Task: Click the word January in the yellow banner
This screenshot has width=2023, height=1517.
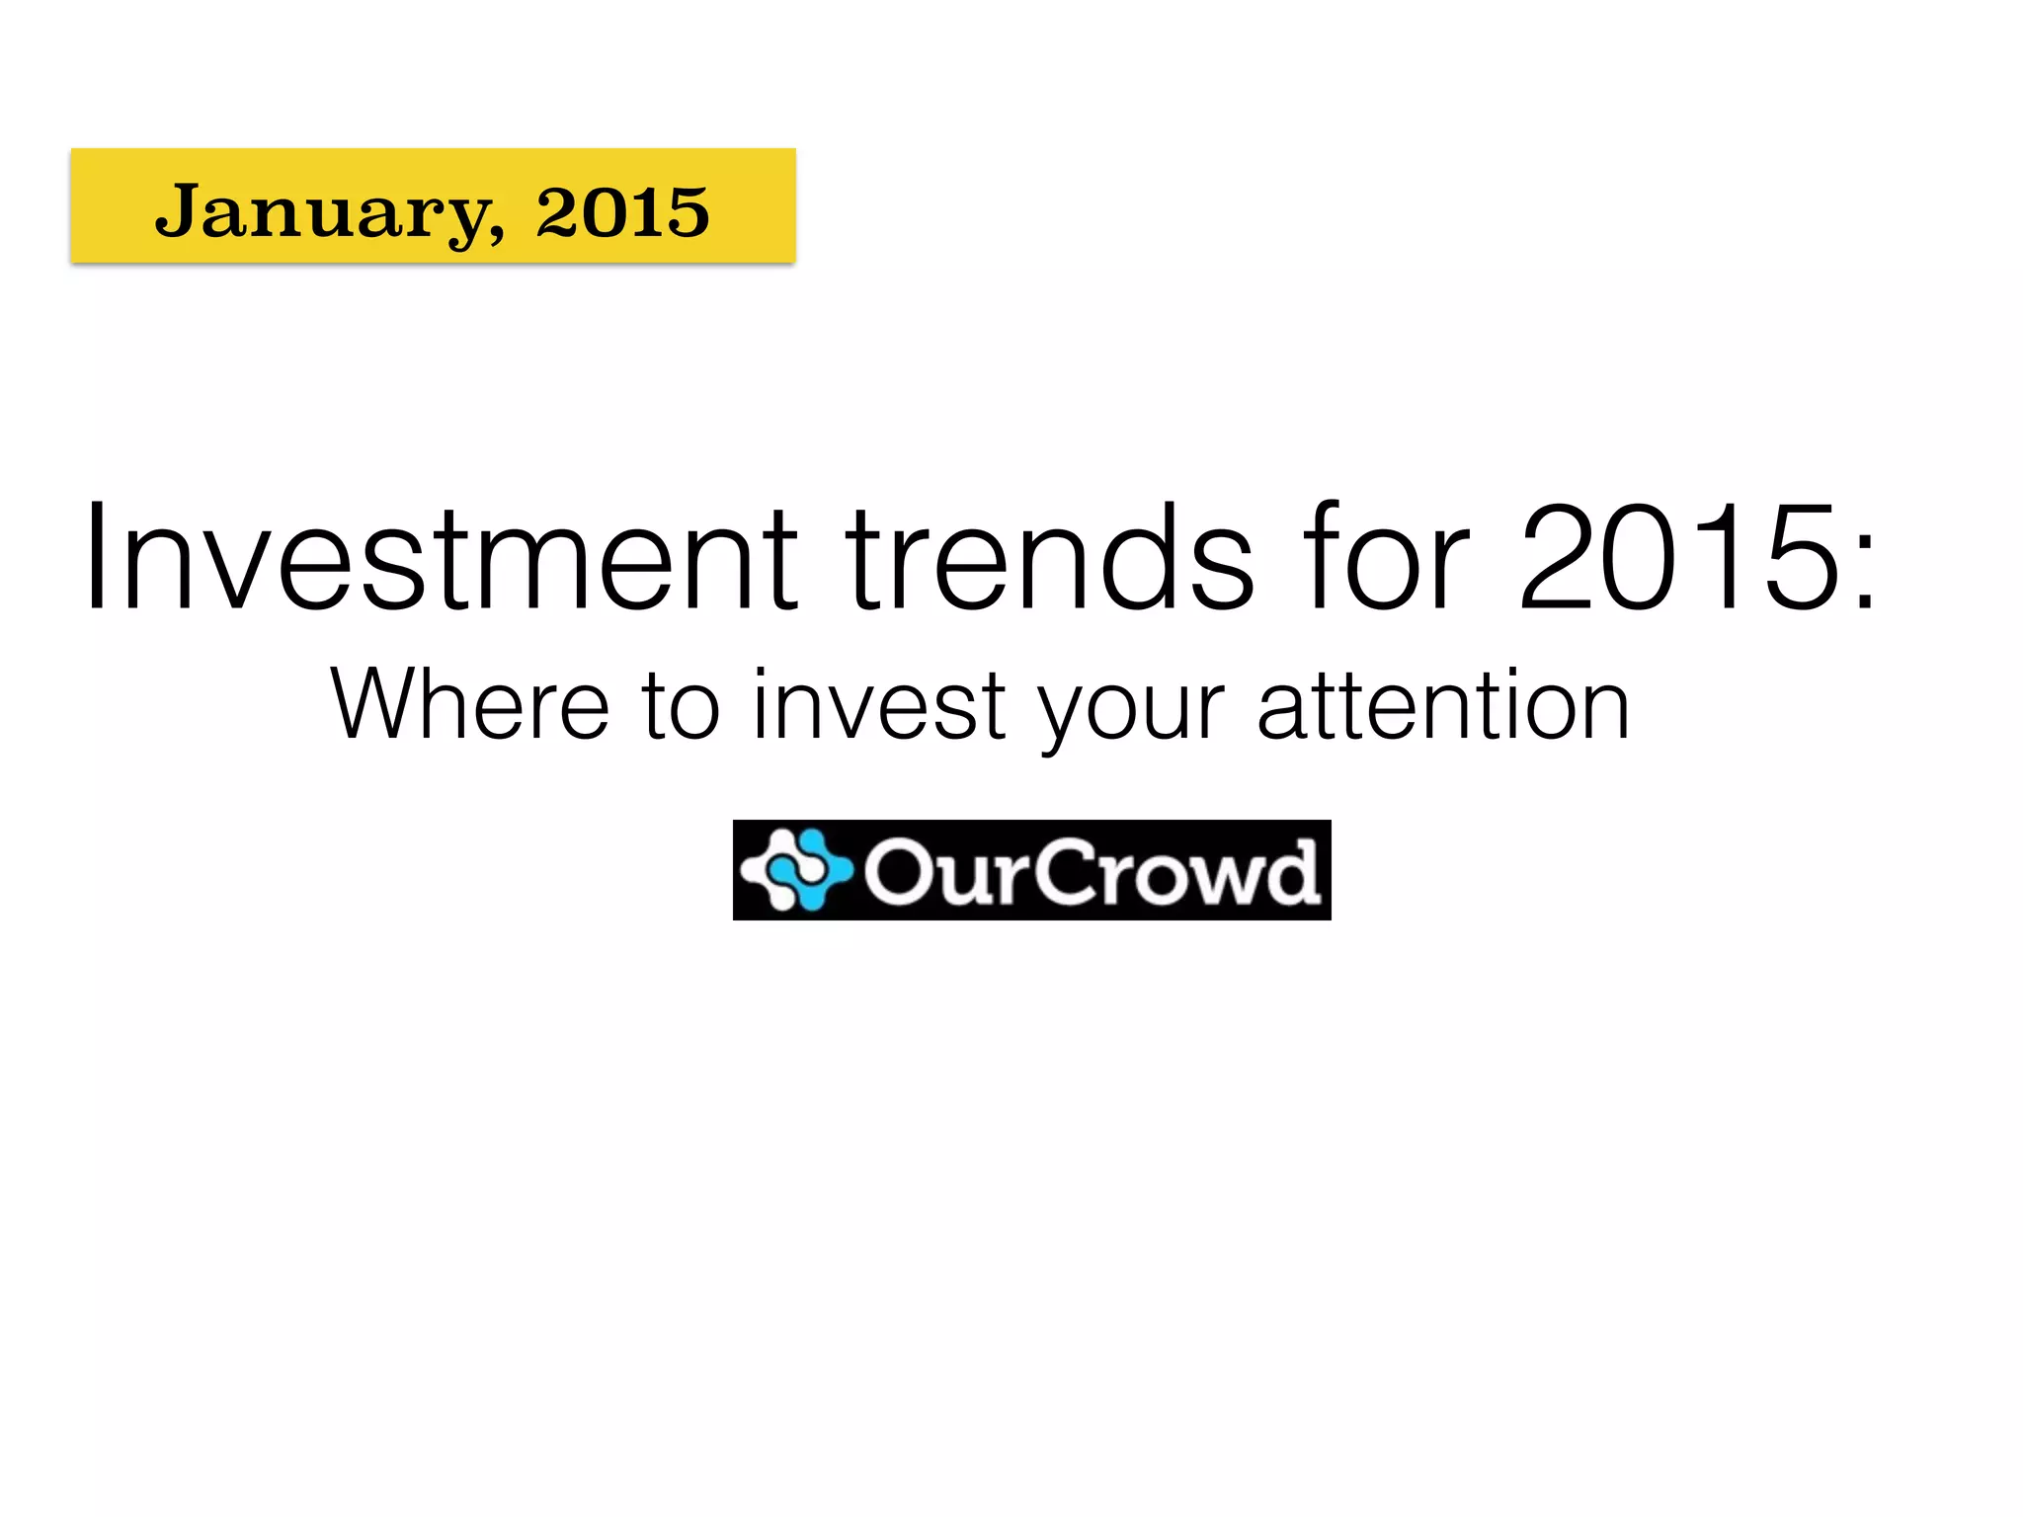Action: click(322, 211)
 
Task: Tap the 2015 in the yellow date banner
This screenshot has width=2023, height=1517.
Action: click(622, 211)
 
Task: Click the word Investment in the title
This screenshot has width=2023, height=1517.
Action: click(441, 559)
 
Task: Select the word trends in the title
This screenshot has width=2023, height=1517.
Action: click(1049, 559)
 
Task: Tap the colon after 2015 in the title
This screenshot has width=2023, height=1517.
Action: click(1864, 573)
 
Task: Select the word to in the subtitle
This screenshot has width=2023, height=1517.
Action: click(681, 707)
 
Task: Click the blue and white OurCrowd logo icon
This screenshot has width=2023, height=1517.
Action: click(796, 870)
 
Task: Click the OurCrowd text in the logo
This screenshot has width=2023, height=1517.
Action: click(1092, 871)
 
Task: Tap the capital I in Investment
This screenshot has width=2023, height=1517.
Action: click(95, 559)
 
